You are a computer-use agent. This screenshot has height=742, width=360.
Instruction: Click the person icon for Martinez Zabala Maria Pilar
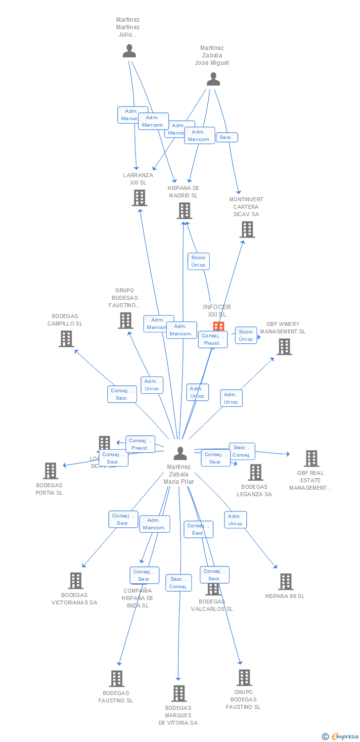180,453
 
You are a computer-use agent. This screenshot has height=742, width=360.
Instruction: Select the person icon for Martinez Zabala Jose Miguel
213,79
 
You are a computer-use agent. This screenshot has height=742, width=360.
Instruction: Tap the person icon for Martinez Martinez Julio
129,51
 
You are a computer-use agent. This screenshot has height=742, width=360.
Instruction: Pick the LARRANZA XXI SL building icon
139,198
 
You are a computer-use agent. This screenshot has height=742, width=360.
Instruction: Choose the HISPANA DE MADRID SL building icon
184,211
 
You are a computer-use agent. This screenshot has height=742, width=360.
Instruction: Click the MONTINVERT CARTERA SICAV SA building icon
247,230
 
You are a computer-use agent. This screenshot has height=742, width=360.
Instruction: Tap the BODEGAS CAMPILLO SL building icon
66,339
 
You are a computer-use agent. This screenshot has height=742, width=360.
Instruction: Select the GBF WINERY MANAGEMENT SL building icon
284,347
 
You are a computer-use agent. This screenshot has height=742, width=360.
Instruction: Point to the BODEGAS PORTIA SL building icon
50,471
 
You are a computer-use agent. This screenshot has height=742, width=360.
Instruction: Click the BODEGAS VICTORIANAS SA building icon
75,581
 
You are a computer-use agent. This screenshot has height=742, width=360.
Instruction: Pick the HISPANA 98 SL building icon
285,582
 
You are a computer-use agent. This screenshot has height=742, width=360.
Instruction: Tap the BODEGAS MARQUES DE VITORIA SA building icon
179,694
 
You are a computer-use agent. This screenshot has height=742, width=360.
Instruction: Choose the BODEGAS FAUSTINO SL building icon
117,679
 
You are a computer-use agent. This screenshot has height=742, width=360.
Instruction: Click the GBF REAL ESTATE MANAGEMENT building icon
311,459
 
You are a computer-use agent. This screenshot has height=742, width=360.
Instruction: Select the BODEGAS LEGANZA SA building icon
255,472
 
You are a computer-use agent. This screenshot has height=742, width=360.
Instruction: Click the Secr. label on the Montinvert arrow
227,138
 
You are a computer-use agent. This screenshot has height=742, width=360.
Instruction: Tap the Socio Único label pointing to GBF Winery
246,335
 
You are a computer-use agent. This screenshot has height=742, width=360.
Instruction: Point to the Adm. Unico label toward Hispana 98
235,520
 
